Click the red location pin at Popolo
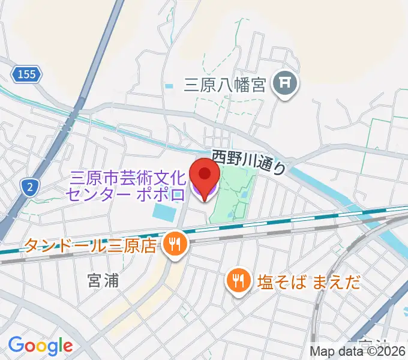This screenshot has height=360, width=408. [205, 175]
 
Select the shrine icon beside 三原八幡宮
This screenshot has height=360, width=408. [286, 85]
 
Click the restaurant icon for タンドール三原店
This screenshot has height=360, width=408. [176, 244]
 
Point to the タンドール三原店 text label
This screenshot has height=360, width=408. [89, 245]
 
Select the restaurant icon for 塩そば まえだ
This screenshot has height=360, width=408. [239, 280]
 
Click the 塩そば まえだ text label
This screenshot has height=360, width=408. [310, 281]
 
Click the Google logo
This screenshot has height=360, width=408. [40, 346]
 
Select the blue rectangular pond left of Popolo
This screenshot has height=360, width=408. [166, 211]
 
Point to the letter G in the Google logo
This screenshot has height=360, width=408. [16, 345]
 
